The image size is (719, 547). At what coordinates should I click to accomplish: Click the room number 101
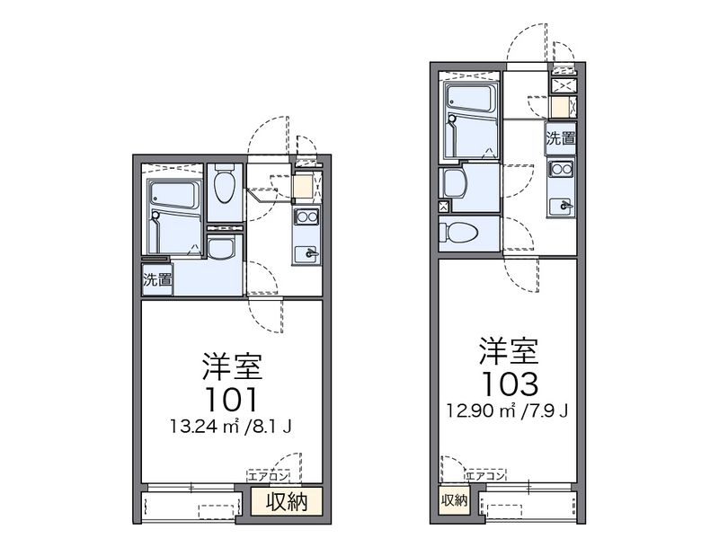point(231,397)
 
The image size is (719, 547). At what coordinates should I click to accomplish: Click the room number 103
point(509,383)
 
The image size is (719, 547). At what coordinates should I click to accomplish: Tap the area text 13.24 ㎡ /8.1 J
point(231,425)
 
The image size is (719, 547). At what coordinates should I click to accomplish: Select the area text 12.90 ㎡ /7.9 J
point(509,410)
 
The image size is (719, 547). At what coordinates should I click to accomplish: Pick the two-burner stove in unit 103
point(563,169)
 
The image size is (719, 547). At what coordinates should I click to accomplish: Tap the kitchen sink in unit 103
point(563,204)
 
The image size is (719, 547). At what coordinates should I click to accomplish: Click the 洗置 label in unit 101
point(157,279)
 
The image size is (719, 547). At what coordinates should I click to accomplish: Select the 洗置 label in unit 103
point(562,138)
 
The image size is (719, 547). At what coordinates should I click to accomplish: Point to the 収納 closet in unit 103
point(453,500)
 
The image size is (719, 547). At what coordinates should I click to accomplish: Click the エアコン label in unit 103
point(485,472)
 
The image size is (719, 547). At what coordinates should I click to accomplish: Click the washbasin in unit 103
point(456,183)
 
